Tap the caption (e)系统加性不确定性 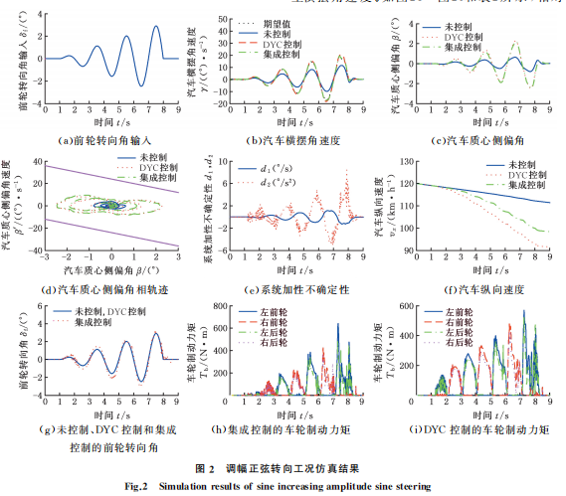(x=285, y=291)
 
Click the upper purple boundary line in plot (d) (x=109, y=180)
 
